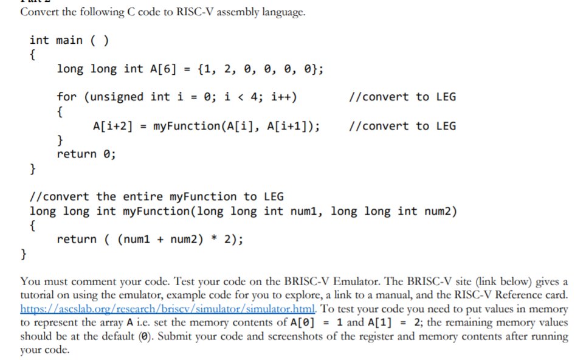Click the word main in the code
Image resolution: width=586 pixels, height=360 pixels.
[69, 41]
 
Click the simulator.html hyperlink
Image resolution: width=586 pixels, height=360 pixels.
[110, 309]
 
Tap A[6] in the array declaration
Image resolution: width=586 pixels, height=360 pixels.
[162, 69]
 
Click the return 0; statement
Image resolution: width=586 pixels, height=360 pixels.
[86, 154]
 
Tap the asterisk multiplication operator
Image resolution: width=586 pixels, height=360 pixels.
[215, 239]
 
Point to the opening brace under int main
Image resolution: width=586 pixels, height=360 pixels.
[32, 55]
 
